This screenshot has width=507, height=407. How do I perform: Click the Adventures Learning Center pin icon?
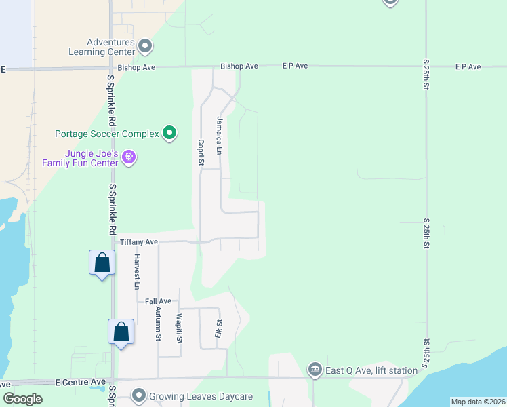tap(145, 47)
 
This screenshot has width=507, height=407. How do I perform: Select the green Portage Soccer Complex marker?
tap(169, 134)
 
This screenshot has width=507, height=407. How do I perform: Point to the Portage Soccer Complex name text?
tap(107, 134)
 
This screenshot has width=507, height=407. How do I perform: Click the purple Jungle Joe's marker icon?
tap(129, 158)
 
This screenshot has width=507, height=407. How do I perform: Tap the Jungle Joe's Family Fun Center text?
tap(80, 158)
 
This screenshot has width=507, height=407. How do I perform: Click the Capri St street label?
tap(201, 153)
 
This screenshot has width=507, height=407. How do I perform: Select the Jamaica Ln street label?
tap(220, 129)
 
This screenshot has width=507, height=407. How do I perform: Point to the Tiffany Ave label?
tap(138, 241)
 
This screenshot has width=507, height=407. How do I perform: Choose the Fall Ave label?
tap(158, 301)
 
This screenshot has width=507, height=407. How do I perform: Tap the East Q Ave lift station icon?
tap(315, 370)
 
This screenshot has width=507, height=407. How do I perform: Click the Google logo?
tap(22, 399)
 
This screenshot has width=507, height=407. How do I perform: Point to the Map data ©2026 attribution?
tap(477, 402)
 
